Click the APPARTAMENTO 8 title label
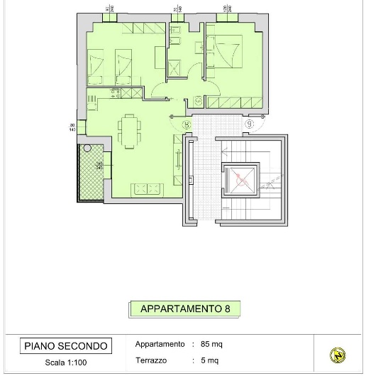184,309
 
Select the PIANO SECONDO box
66,346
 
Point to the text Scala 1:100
66,362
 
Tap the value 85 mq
211,344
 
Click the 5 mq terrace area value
209,360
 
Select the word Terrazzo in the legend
155,360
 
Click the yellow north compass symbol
338,355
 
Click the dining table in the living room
129,131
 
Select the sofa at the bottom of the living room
150,188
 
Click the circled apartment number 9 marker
250,124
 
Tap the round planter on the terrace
87,149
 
